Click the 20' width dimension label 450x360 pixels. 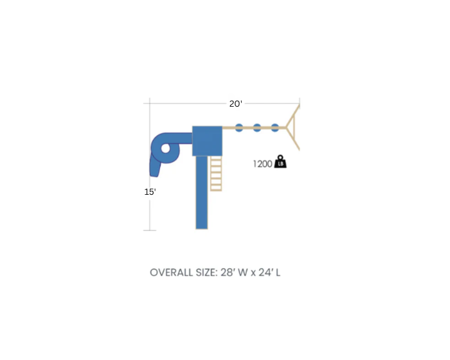236,104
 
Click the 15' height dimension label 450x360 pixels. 150,192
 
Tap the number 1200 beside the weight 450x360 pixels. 262,164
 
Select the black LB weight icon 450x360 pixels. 280,161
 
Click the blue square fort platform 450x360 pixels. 207,141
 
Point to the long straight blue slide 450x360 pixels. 202,192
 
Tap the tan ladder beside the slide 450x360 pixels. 216,174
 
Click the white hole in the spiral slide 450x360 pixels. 166,148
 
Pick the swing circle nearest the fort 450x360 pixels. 239,128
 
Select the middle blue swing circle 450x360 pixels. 257,128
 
